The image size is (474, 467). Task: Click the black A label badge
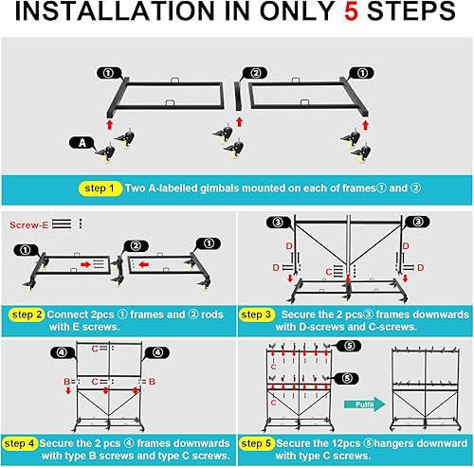(82, 143)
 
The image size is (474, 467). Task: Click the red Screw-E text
(28, 225)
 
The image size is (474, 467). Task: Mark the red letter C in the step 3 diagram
(329, 271)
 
